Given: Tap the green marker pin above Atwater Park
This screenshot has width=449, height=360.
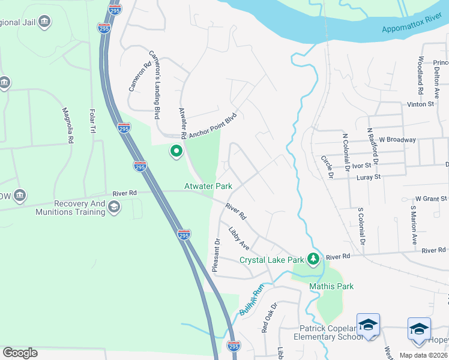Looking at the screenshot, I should point(176,151).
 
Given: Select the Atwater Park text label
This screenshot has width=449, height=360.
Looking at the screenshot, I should point(208,187).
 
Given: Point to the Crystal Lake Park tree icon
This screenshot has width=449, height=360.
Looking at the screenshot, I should point(312,259).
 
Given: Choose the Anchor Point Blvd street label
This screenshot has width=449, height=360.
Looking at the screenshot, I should point(213,127).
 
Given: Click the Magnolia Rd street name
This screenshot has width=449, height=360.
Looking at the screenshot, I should point(68,125).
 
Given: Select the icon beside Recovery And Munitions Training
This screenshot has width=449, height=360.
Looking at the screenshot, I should point(113,207).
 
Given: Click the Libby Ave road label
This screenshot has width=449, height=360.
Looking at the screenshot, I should point(239,238).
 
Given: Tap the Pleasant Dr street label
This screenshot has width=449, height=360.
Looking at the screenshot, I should point(217,255).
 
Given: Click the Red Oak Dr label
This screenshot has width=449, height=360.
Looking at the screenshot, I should point(268,317).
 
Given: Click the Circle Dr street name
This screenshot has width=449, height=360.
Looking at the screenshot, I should point(327,167).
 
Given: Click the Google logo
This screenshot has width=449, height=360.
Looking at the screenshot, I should point(20,353).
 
